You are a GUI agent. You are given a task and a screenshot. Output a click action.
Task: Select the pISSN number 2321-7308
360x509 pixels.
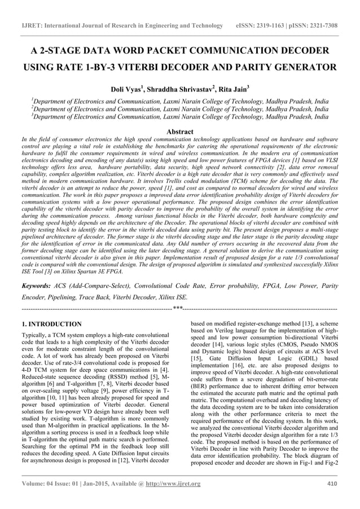pos(322,26)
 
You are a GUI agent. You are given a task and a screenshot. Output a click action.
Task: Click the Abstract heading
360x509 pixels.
pos(179,131)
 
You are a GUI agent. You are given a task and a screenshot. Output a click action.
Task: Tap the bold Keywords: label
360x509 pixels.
pos(39,286)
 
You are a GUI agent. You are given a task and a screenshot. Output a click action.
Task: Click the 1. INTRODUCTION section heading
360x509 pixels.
pos(51,324)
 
